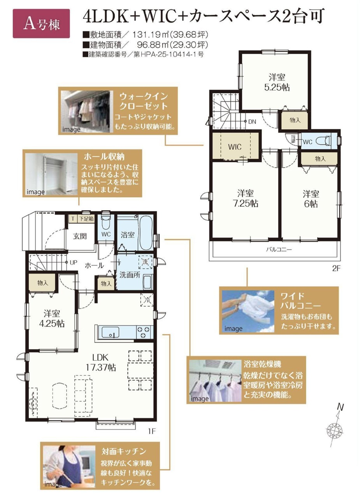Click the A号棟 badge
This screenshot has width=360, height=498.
pos(41,24)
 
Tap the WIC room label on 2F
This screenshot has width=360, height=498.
pos(235,147)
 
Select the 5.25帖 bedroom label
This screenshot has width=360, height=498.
pos(277,82)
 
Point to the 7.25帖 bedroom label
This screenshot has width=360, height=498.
pos(246,198)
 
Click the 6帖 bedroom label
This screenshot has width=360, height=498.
pos(311,198)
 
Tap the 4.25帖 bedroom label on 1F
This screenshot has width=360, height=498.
pos(52,319)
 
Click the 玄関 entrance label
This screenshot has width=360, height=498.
pos(80,236)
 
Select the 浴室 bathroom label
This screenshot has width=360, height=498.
pos(128,235)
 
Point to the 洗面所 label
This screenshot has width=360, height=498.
pos(130,275)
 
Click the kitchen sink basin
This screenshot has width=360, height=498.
pos(110,332)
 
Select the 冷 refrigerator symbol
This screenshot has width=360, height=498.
pos(147,300)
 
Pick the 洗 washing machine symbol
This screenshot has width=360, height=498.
pos(145,262)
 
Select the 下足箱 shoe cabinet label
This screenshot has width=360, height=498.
pos(86,219)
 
